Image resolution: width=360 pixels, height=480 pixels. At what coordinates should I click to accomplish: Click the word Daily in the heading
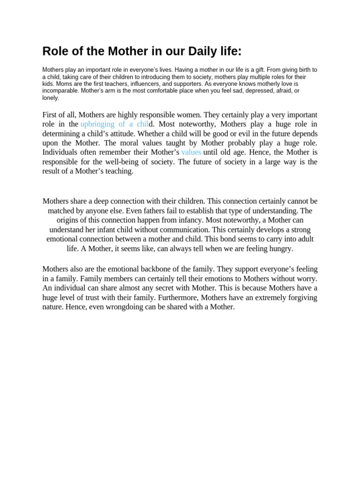coord(187,51)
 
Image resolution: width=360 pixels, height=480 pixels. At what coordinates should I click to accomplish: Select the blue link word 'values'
coord(191,152)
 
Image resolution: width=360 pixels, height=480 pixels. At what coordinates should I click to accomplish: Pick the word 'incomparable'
coord(60,90)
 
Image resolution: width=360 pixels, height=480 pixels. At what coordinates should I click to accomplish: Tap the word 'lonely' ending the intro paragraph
coord(51,98)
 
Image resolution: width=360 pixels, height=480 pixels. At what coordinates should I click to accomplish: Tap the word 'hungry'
coord(281,248)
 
